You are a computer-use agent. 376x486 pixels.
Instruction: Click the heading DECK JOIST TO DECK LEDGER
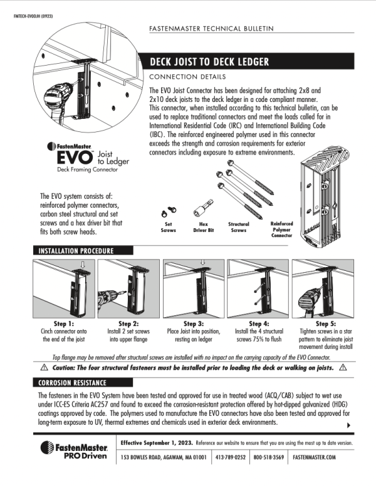(209, 62)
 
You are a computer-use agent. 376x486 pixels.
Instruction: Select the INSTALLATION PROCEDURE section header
(76, 251)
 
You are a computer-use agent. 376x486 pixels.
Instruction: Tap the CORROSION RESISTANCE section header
(72, 382)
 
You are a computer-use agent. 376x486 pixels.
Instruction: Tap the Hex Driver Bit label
(204, 226)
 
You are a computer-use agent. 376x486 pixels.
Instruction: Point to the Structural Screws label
(239, 226)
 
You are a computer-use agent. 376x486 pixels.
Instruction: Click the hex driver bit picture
(205, 207)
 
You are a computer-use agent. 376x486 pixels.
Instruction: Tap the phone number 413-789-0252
(230, 457)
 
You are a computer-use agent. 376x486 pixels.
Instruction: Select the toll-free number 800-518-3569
(268, 457)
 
